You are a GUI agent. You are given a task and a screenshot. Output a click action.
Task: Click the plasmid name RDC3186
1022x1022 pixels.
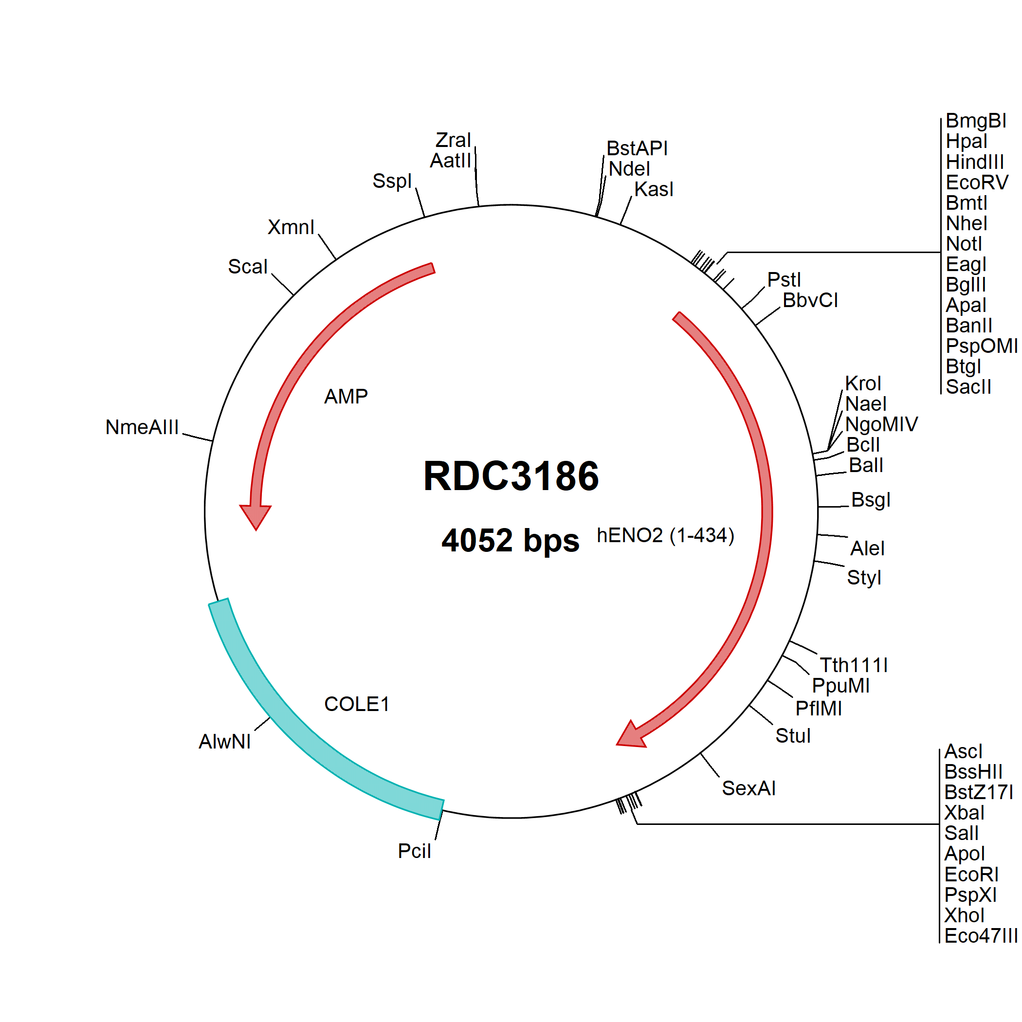point(511,476)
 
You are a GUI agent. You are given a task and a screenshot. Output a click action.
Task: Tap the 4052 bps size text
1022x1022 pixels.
point(511,540)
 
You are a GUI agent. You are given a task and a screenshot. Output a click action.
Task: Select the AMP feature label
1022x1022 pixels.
point(346,396)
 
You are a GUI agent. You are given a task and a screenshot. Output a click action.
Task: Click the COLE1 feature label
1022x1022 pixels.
point(357,704)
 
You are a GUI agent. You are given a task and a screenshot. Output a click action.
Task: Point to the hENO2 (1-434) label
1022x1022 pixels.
point(665,535)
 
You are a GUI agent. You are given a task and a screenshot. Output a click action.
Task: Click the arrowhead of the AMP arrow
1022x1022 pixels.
point(255,517)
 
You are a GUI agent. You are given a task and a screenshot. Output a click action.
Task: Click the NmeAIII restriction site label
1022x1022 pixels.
point(142,427)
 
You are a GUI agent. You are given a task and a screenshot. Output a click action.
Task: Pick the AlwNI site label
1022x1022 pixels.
point(225,742)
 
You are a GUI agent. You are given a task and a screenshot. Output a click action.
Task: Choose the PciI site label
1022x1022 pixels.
point(414,851)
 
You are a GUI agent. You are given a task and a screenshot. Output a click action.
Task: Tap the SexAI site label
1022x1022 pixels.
point(748,788)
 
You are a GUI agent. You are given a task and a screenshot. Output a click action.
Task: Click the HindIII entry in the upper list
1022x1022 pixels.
point(975,162)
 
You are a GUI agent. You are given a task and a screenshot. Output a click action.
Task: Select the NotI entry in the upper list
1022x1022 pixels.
point(964,244)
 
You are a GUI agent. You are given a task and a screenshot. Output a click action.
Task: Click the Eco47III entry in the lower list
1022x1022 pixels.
point(981,936)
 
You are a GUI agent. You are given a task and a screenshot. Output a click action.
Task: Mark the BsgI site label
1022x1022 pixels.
point(871,500)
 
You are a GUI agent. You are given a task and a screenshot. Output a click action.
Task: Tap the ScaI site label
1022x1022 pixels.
point(248,267)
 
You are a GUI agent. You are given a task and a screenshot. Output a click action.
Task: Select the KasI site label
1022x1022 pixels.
point(654,189)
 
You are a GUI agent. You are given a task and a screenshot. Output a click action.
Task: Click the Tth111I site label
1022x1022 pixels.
point(854,665)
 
